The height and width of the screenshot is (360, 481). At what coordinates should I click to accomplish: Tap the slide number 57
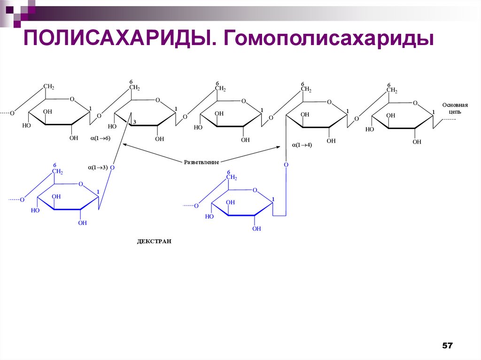pos(447,346)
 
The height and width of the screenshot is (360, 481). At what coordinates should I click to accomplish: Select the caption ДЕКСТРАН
pos(154,241)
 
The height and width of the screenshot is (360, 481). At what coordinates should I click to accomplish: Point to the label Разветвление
pos(202,162)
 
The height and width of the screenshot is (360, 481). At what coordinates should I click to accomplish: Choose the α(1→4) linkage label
pos(302,145)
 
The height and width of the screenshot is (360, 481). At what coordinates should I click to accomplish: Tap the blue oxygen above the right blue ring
pos(286,165)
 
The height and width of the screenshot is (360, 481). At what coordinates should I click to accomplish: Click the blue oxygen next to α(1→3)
pos(112,167)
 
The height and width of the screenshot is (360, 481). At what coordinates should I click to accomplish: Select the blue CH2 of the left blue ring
pos(57,172)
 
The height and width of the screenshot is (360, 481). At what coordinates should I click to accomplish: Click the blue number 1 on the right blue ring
pos(273,199)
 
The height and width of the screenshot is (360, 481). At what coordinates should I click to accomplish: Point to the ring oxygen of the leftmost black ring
pos(72,100)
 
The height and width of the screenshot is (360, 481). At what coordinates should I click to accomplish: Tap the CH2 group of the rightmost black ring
pos(392,90)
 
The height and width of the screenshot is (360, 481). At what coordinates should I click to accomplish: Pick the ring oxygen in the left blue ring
pos(81,184)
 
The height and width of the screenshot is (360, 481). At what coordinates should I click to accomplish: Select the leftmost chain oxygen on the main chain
pos(12,113)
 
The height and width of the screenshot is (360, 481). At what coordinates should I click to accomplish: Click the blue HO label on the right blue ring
pos(209,216)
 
